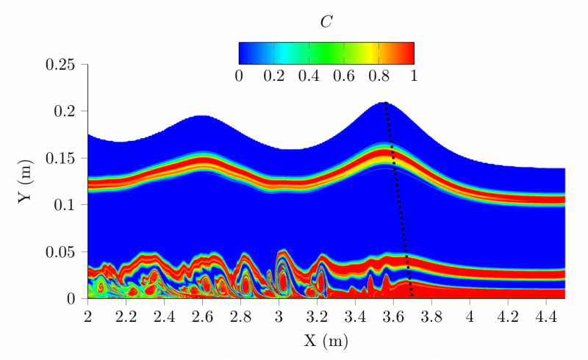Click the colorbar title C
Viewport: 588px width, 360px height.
coord(326,22)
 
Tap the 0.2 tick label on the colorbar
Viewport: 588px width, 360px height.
coord(274,76)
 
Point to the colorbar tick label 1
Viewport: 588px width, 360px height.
coord(415,76)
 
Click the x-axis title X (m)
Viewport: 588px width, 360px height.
coord(326,342)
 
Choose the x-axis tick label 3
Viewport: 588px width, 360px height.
coord(279,317)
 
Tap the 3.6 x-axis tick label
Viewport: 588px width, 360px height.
coord(393,317)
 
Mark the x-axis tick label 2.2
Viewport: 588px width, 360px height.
coord(126,317)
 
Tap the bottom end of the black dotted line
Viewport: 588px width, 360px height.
coord(412,296)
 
